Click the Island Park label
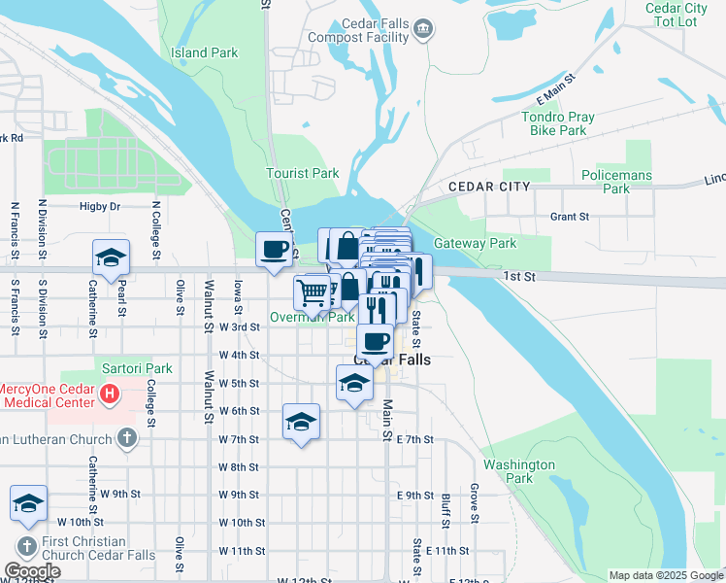click(204, 52)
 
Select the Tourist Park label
click(303, 174)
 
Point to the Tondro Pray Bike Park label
click(560, 123)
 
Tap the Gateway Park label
click(476, 244)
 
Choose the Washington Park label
click(519, 471)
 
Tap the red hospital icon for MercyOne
click(110, 395)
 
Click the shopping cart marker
click(312, 291)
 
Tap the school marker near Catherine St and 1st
click(111, 257)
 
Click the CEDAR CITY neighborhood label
click(489, 186)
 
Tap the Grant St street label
click(570, 218)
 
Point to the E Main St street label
click(556, 90)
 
